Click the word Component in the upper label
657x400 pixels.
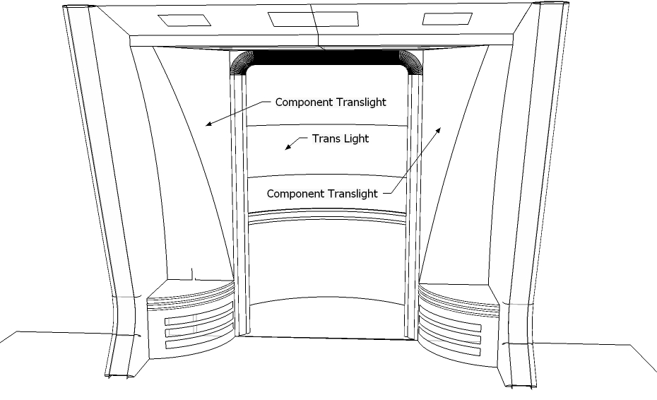pos(303,102)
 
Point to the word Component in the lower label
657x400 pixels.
pos(295,193)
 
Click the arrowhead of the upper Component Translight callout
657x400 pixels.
pos(207,125)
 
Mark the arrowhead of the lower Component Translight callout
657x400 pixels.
pos(442,129)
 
